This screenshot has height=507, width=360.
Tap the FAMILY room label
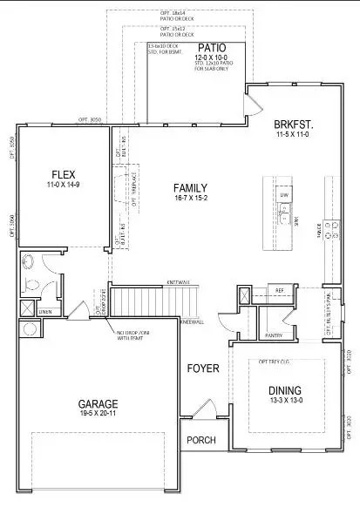(x=190, y=187)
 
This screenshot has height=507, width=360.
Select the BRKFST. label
(x=294, y=125)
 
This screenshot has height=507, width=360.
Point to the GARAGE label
(x=98, y=404)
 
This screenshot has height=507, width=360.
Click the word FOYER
(x=202, y=368)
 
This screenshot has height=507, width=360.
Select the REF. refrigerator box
(x=280, y=291)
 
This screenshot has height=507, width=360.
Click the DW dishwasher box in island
(x=284, y=197)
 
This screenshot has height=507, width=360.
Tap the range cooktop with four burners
(x=331, y=229)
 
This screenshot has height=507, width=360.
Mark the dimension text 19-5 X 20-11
(x=98, y=416)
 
